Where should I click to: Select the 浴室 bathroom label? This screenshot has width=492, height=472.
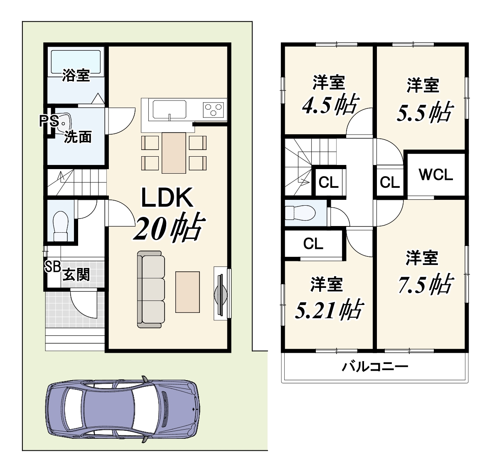coord(76,75)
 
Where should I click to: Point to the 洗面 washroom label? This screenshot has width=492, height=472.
coord(78,137)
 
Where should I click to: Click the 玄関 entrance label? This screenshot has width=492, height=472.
coord(76,275)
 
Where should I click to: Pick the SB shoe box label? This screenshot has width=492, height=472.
coord(52,267)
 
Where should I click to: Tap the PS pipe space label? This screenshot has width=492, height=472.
coord(49,121)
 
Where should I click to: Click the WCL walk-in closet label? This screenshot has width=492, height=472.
coord(436,175)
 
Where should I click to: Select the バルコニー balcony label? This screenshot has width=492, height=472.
coord(375,366)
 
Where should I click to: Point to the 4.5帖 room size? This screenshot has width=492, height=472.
coord(330,106)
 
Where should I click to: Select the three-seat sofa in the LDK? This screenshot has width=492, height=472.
coord(151,289)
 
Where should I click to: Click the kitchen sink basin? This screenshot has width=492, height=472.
coord(170,110)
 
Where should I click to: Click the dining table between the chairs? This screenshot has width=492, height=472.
coord(174,153)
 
